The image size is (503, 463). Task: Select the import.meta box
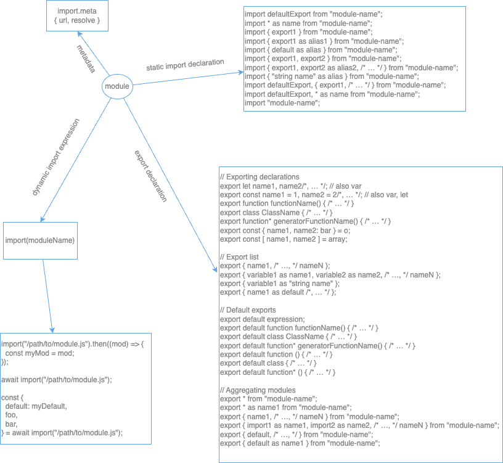[77, 16]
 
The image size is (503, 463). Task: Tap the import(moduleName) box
[40, 240]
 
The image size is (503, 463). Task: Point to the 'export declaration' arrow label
[150, 175]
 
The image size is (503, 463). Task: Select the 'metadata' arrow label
[86, 59]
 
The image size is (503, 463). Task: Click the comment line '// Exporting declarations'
[259, 176]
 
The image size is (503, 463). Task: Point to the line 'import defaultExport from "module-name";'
[313, 14]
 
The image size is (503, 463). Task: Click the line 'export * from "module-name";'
[268, 399]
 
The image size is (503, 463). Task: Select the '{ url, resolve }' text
[77, 21]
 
